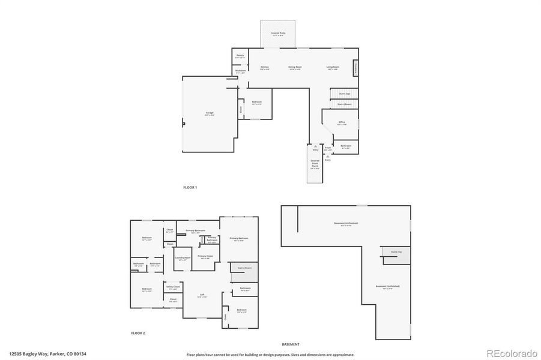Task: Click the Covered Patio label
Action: click(x=277, y=33)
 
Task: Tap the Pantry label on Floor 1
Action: click(x=240, y=56)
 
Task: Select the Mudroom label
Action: click(x=240, y=71)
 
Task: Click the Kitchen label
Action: click(x=264, y=67)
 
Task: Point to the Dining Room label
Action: click(x=295, y=67)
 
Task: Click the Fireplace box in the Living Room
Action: click(x=355, y=67)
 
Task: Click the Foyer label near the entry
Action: click(x=328, y=148)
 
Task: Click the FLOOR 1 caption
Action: click(x=190, y=188)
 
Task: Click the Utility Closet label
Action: click(x=173, y=287)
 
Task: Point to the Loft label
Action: click(x=202, y=295)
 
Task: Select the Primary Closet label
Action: click(x=205, y=257)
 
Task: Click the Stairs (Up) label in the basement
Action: click(x=396, y=252)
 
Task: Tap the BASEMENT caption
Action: click(x=290, y=344)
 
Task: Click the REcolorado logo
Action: click(x=511, y=353)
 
